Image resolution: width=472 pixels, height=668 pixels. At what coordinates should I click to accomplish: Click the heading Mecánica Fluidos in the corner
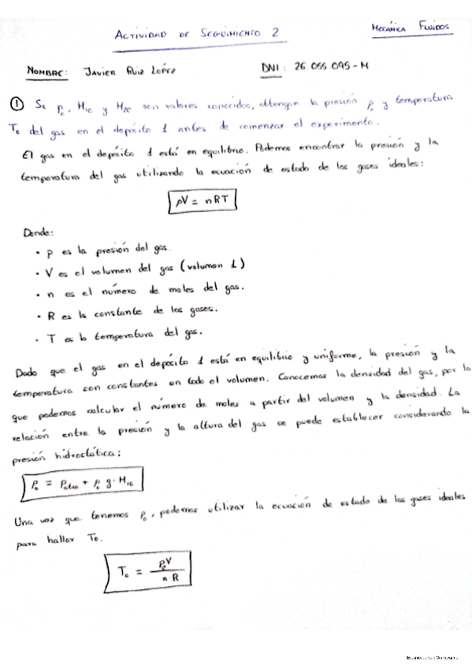pos(411,28)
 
